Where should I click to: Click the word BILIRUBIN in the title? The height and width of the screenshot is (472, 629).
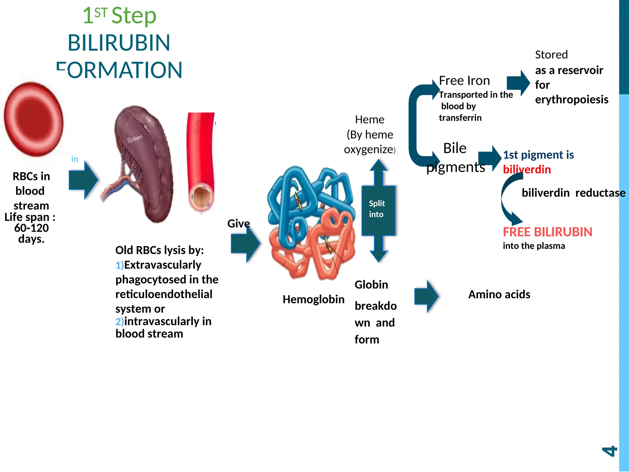(119, 43)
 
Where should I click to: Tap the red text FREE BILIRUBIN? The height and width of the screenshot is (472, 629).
(547, 232)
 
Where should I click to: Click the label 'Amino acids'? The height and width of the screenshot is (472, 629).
(499, 294)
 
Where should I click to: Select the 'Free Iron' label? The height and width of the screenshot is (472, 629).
(464, 81)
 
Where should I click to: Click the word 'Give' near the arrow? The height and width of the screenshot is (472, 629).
(238, 223)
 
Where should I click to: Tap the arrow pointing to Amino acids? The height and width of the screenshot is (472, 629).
(426, 296)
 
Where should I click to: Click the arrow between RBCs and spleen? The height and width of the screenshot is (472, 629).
(83, 180)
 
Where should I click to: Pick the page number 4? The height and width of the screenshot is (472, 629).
(609, 451)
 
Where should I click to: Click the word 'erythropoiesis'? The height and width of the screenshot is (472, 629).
(571, 100)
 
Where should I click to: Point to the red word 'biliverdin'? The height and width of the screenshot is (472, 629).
(527, 169)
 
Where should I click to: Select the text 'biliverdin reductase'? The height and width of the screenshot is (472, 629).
(573, 193)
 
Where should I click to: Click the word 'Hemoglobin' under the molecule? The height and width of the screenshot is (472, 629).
(313, 299)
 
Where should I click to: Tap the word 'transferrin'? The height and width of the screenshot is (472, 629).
(460, 118)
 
